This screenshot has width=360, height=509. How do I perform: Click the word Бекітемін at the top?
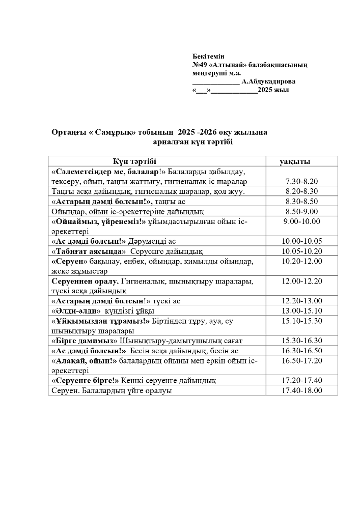[209, 55]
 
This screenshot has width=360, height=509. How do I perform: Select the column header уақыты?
[295, 162]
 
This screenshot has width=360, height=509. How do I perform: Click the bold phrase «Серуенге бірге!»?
[85, 380]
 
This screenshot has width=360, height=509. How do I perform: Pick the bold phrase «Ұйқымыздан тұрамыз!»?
[101, 321]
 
